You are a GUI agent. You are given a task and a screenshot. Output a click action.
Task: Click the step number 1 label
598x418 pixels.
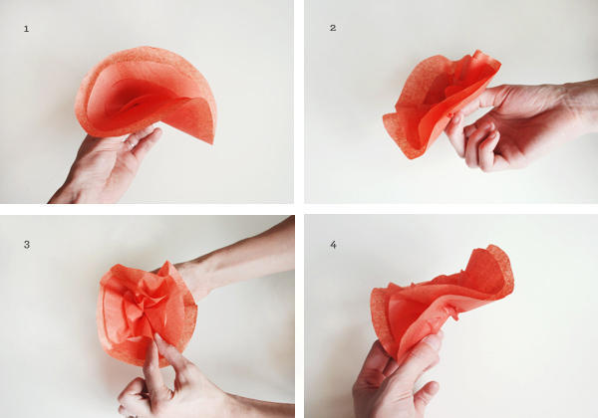[x=26, y=29]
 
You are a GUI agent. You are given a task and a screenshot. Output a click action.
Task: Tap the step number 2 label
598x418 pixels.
[x=333, y=28]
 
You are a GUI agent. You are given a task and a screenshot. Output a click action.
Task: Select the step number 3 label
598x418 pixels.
[x=27, y=245]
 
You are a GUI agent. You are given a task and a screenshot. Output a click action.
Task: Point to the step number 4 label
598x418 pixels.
[x=333, y=245]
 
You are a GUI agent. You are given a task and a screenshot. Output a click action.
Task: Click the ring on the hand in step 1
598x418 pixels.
[x=131, y=146]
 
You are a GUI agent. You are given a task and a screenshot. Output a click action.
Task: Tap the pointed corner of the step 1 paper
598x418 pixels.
[x=211, y=142]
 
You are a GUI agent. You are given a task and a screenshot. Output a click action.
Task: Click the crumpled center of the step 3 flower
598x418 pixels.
[x=147, y=301]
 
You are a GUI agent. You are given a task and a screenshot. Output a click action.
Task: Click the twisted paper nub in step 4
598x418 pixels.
[x=450, y=312]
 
